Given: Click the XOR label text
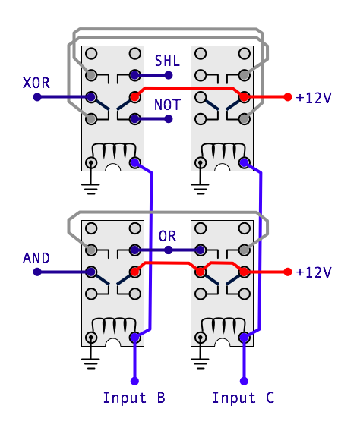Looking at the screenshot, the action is point(36,83).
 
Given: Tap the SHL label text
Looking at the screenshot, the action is point(167,61).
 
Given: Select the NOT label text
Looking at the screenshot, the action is point(167,105).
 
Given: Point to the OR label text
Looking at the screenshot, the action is point(167,236).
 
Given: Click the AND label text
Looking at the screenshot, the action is point(36,258).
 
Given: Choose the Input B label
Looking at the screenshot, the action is point(134,398).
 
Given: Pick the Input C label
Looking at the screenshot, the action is point(244,398).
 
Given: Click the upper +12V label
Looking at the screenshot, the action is point(314,98).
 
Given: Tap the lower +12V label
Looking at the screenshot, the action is point(314,272).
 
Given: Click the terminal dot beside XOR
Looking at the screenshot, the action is point(37,97).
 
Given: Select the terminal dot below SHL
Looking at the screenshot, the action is point(169,75).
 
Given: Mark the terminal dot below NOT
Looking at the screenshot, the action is point(169,119).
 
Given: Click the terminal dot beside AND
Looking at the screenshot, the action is point(37,272).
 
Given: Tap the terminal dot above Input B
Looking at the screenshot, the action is point(134,381).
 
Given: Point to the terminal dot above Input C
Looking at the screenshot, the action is point(244,381).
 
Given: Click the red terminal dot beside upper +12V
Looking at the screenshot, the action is point(288,97).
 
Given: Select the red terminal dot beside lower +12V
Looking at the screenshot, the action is point(288,272).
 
